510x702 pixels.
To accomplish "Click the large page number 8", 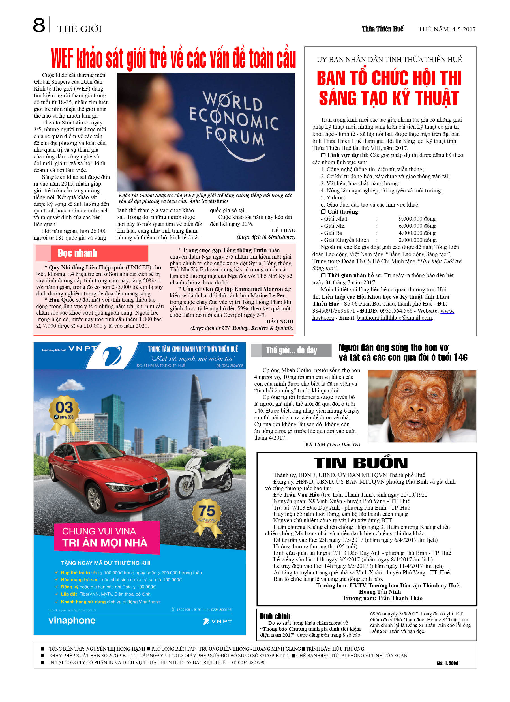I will coord(39,25).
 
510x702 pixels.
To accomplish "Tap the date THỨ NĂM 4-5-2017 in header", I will coord(447,29).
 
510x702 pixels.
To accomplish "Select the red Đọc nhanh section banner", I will coord(92,253).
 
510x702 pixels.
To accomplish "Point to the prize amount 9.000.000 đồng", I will coord(417,219).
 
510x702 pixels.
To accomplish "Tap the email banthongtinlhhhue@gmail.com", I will coord(394,318).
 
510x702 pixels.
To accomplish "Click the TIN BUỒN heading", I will coord(361,463).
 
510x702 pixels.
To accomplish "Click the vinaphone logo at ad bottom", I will coord(72,620).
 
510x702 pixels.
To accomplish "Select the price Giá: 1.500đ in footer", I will coord(447,663).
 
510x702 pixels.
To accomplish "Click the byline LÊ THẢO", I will coord(283,230).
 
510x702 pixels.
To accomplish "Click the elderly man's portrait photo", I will coord(421,406).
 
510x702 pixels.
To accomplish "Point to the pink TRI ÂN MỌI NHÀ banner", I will coord(107,538).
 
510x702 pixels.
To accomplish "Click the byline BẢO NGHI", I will coord(280,321).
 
